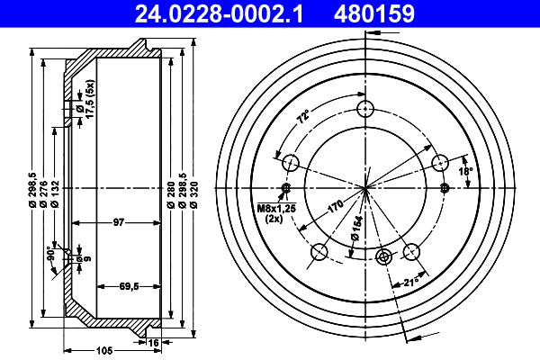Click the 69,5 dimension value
pos(130,287)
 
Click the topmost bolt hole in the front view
pos(364,109)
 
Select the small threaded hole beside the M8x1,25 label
pos(287,188)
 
